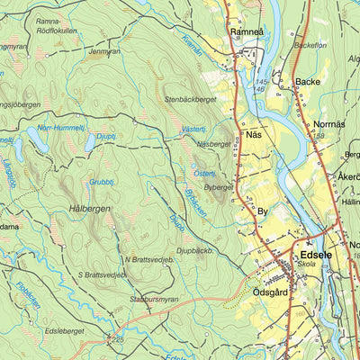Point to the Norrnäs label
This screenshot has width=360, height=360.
click(x=330, y=122)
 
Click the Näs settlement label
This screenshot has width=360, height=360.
click(x=254, y=135)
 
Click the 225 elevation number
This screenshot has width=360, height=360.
click(x=119, y=339)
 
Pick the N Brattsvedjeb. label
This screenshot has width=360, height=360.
click(x=148, y=259)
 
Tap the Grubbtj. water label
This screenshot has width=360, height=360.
click(x=101, y=183)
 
